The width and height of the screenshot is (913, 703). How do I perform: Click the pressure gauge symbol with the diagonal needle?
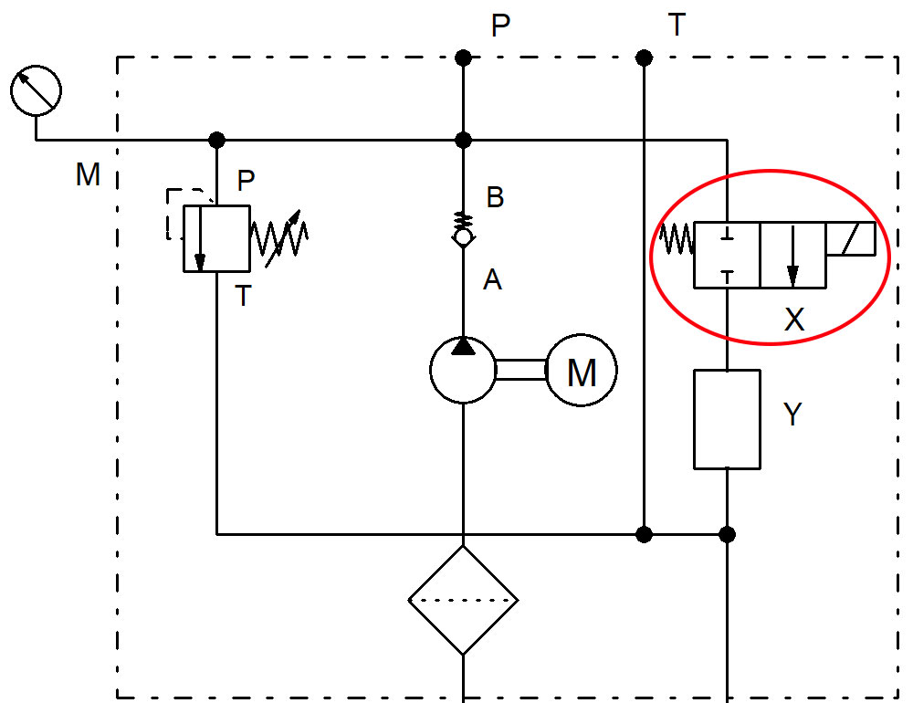36,91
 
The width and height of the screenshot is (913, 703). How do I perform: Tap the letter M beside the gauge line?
88,174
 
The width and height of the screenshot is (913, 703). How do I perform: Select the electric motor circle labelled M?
582,371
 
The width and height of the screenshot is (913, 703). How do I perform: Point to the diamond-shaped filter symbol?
463,601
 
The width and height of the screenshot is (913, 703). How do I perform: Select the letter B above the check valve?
495,198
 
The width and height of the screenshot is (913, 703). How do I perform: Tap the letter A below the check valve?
492,280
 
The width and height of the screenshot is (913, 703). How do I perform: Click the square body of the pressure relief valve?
216,238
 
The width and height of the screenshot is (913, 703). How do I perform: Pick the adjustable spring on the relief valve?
279,238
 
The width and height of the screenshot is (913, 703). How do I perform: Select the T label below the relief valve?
243,297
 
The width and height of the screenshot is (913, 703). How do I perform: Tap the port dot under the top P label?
463,58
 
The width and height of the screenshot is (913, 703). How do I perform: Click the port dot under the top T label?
644,58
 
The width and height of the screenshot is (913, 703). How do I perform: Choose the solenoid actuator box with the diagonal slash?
850,239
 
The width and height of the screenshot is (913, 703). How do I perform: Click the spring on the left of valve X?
677,241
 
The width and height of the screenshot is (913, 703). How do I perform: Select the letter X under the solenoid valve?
794,320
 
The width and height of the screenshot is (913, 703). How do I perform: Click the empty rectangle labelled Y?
727,419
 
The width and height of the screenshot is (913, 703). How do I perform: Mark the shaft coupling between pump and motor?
520,370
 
